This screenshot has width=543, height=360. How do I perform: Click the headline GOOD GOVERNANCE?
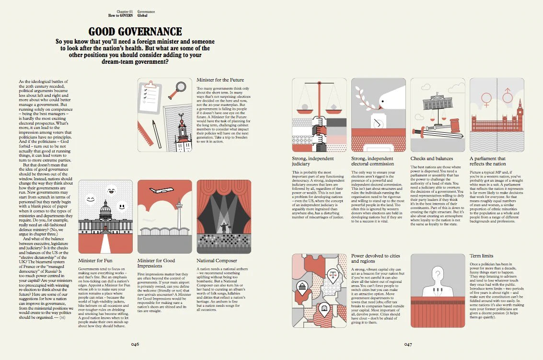135,32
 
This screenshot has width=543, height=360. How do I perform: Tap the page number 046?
135,344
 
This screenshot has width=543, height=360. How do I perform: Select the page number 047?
408,344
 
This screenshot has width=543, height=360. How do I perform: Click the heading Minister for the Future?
220,80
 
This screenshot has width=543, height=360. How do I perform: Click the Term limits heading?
481,256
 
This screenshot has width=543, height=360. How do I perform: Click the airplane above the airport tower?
162,190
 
